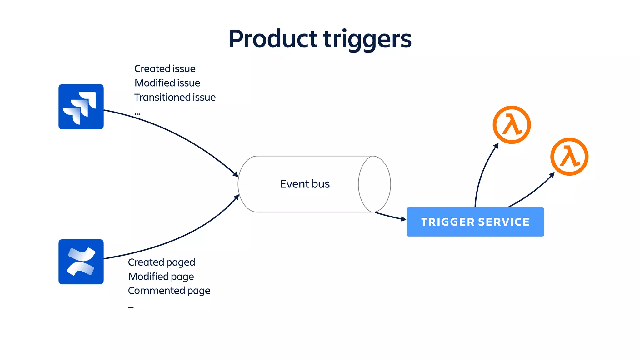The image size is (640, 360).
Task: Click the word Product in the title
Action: click(272, 39)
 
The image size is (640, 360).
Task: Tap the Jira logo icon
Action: click(81, 107)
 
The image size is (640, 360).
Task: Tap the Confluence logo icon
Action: click(81, 262)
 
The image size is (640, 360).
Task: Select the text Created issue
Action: click(165, 68)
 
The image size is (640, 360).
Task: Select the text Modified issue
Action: click(167, 83)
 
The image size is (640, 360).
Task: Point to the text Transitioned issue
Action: click(175, 97)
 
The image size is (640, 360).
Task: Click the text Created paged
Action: click(161, 262)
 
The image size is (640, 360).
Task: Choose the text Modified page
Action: click(161, 277)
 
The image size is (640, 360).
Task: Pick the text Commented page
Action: click(169, 291)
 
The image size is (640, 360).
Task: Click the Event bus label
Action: click(305, 184)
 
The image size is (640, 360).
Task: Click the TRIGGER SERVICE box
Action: click(475, 222)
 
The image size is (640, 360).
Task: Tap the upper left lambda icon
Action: click(512, 125)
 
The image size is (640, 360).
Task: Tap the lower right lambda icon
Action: click(569, 157)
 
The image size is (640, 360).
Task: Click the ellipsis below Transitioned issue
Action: click(137, 114)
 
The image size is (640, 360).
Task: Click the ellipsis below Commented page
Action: click(131, 307)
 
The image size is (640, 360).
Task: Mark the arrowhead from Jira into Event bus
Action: click(236, 174)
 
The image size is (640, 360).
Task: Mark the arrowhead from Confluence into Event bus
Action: click(237, 197)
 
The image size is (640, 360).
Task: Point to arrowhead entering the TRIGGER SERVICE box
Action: click(403, 219)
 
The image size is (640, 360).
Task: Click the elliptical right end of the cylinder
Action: click(374, 184)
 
